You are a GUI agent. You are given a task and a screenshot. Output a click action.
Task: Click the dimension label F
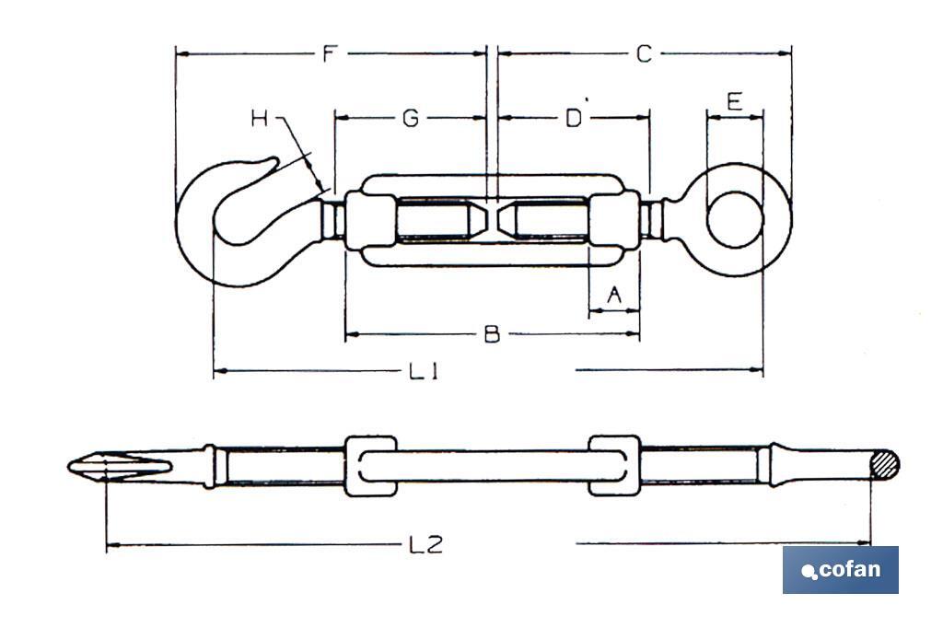click(x=329, y=54)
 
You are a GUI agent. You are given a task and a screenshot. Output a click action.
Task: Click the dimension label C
click(x=644, y=54)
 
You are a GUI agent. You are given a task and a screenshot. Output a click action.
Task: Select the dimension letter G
click(x=411, y=118)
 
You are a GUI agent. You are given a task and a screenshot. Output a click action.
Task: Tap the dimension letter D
click(x=573, y=118)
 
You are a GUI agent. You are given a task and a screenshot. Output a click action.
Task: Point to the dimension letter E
click(x=734, y=101)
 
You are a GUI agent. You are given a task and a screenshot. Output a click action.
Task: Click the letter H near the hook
click(x=261, y=118)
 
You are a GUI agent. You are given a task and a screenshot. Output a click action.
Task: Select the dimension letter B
click(x=492, y=334)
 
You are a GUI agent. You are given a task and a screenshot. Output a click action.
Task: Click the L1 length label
click(x=423, y=371)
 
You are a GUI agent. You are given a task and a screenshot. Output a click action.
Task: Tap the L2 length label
click(x=425, y=545)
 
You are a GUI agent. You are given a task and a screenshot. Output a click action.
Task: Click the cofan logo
click(x=840, y=569)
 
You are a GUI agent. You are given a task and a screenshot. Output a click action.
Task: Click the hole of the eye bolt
click(x=735, y=219)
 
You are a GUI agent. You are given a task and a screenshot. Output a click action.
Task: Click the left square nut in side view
click(x=370, y=466)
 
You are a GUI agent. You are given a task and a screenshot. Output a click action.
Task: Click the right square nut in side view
click(x=613, y=466)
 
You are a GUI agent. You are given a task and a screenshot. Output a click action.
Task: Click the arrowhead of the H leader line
click(x=320, y=188)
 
